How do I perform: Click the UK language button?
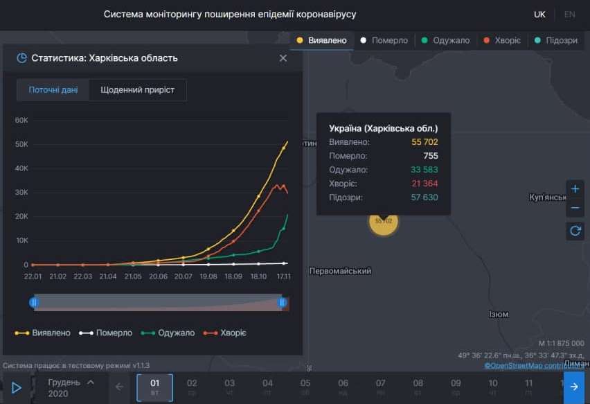pyautogui.click(x=539, y=15)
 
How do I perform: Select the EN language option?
pyautogui.click(x=569, y=15)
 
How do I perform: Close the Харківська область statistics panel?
pyautogui.click(x=283, y=58)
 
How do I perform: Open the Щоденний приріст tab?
pyautogui.click(x=137, y=90)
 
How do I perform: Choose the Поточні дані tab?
pyautogui.click(x=53, y=90)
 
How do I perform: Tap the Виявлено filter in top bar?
pyautogui.click(x=322, y=40)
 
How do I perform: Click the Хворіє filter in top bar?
pyautogui.click(x=502, y=40)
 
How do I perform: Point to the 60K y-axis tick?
pyautogui.click(x=21, y=120)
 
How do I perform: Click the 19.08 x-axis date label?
pyautogui.click(x=208, y=276)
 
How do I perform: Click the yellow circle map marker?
pyautogui.click(x=384, y=221)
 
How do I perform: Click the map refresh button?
pyautogui.click(x=575, y=231)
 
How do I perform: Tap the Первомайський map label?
pyautogui.click(x=340, y=271)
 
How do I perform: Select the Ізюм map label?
pyautogui.click(x=499, y=315)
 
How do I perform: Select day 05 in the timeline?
pyautogui.click(x=305, y=387)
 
